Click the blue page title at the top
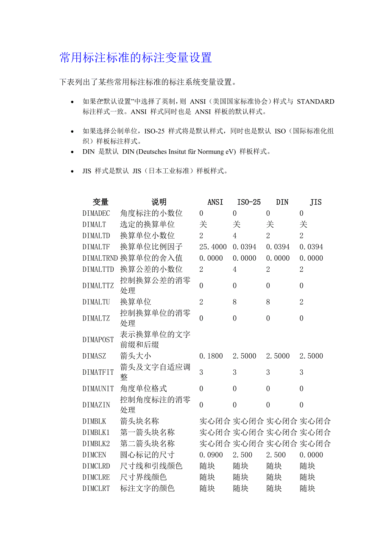click(136, 58)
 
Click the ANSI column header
click(215, 202)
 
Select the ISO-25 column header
click(249, 202)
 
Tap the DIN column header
click(282, 202)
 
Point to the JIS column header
click(316, 202)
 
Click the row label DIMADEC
click(96, 213)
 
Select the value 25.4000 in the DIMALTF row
click(213, 247)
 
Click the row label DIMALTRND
click(100, 258)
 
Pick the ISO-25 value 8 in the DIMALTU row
click(235, 302)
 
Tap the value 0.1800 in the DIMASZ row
click(211, 356)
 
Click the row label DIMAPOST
click(98, 340)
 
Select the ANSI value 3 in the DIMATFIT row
click(201, 372)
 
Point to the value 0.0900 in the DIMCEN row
click(211, 455)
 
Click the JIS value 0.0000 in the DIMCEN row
click(311, 455)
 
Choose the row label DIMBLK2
click(96, 444)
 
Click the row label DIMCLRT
click(96, 488)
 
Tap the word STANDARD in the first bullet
click(315, 102)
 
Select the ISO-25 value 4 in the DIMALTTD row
click(235, 269)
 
